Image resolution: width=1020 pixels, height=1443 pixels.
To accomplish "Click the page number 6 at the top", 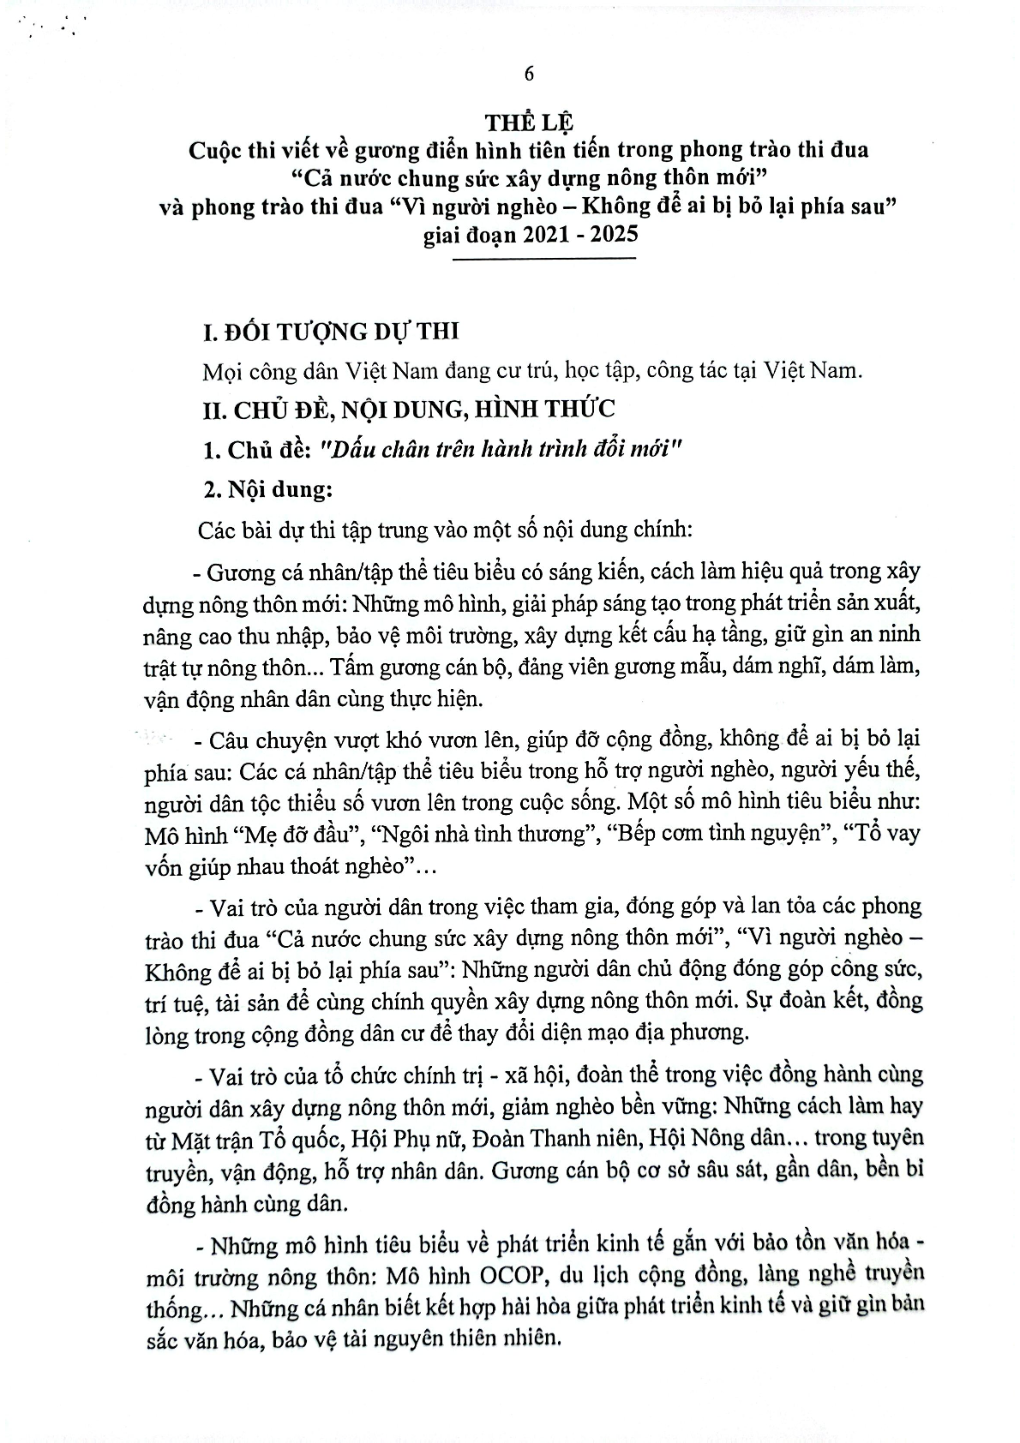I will [x=529, y=74].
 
